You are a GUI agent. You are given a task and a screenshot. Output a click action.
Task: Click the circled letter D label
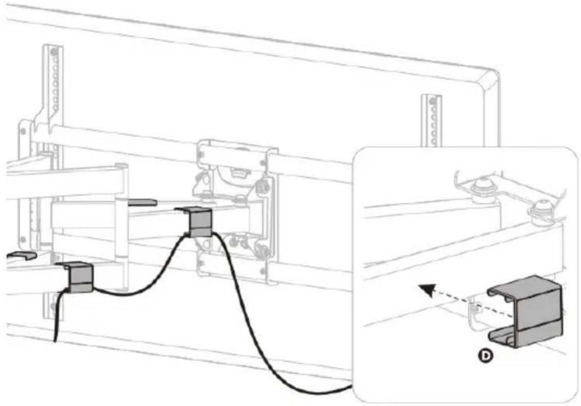coord(485,356)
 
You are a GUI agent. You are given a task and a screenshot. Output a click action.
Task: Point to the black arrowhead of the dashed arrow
coord(426,289)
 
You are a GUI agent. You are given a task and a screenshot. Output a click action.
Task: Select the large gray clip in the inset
coord(525,311)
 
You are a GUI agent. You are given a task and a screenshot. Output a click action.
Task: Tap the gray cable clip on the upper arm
coord(195,222)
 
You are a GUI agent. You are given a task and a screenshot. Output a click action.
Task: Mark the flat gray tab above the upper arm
coord(142,202)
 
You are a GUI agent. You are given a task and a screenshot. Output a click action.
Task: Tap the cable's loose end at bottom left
coord(56,340)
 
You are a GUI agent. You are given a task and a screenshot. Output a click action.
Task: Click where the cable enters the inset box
coord(352,386)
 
